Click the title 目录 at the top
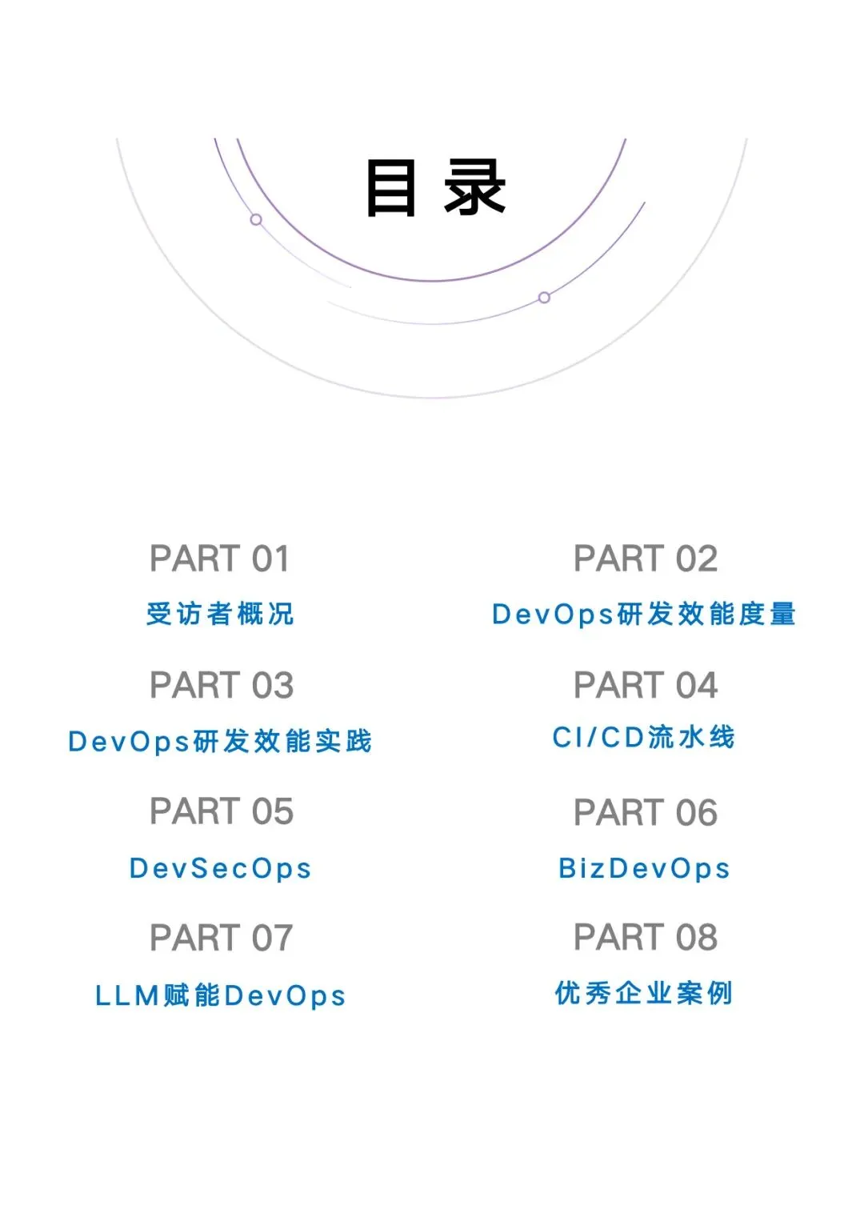coord(435,188)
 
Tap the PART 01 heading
coord(219,558)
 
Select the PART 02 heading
coord(645,558)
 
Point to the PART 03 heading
coord(222,686)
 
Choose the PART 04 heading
coord(645,686)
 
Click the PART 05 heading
coord(222,812)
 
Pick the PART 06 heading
coord(645,813)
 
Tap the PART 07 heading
coord(222,939)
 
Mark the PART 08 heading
coord(645,938)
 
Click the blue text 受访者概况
coord(220,614)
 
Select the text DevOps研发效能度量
coord(643,614)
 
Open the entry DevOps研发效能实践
coord(220,741)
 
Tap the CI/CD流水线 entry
coord(643,737)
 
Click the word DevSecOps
coord(220,868)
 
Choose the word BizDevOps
coord(644,868)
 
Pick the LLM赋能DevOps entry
coord(220,995)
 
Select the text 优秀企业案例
coord(644,993)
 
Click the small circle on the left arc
coord(256,219)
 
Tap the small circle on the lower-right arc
coord(544,298)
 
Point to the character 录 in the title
coord(475,188)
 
